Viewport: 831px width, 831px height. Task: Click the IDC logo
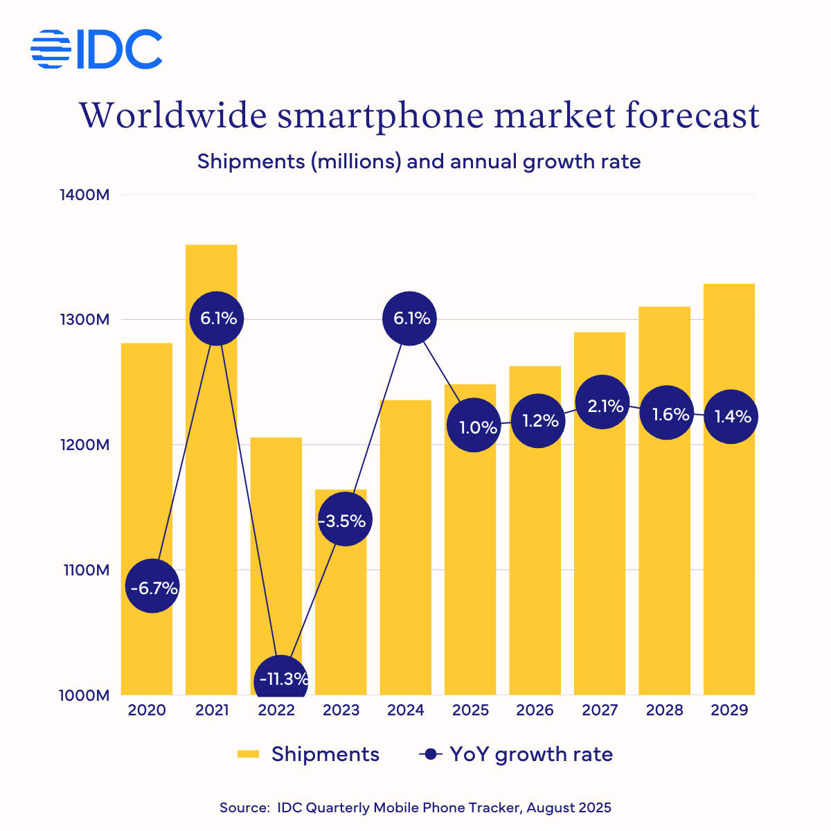tap(97, 49)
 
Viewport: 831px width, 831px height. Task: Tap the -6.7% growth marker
tap(152, 587)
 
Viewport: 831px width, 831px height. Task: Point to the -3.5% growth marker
tap(345, 519)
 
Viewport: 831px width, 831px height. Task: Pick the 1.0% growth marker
tap(474, 426)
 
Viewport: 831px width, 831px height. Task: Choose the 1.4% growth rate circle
tap(731, 415)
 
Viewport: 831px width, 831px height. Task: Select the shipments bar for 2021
tap(211, 485)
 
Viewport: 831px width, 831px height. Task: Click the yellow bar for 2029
tap(729, 554)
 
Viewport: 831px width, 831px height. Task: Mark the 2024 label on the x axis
tap(406, 711)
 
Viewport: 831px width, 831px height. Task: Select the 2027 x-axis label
tap(600, 711)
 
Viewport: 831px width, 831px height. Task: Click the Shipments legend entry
tap(308, 754)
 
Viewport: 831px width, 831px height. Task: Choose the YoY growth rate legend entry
tap(517, 754)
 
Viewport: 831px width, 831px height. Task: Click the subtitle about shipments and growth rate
tap(419, 161)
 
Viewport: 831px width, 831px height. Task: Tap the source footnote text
tap(415, 807)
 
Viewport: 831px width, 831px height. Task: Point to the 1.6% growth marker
tap(667, 413)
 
